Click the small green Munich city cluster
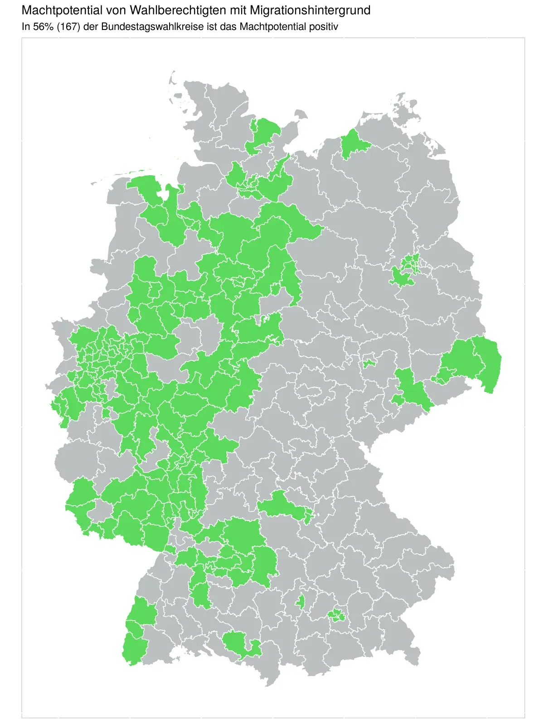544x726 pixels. (x=337, y=615)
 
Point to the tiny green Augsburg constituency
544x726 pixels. (x=300, y=602)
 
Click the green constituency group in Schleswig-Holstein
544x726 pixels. (x=263, y=132)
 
